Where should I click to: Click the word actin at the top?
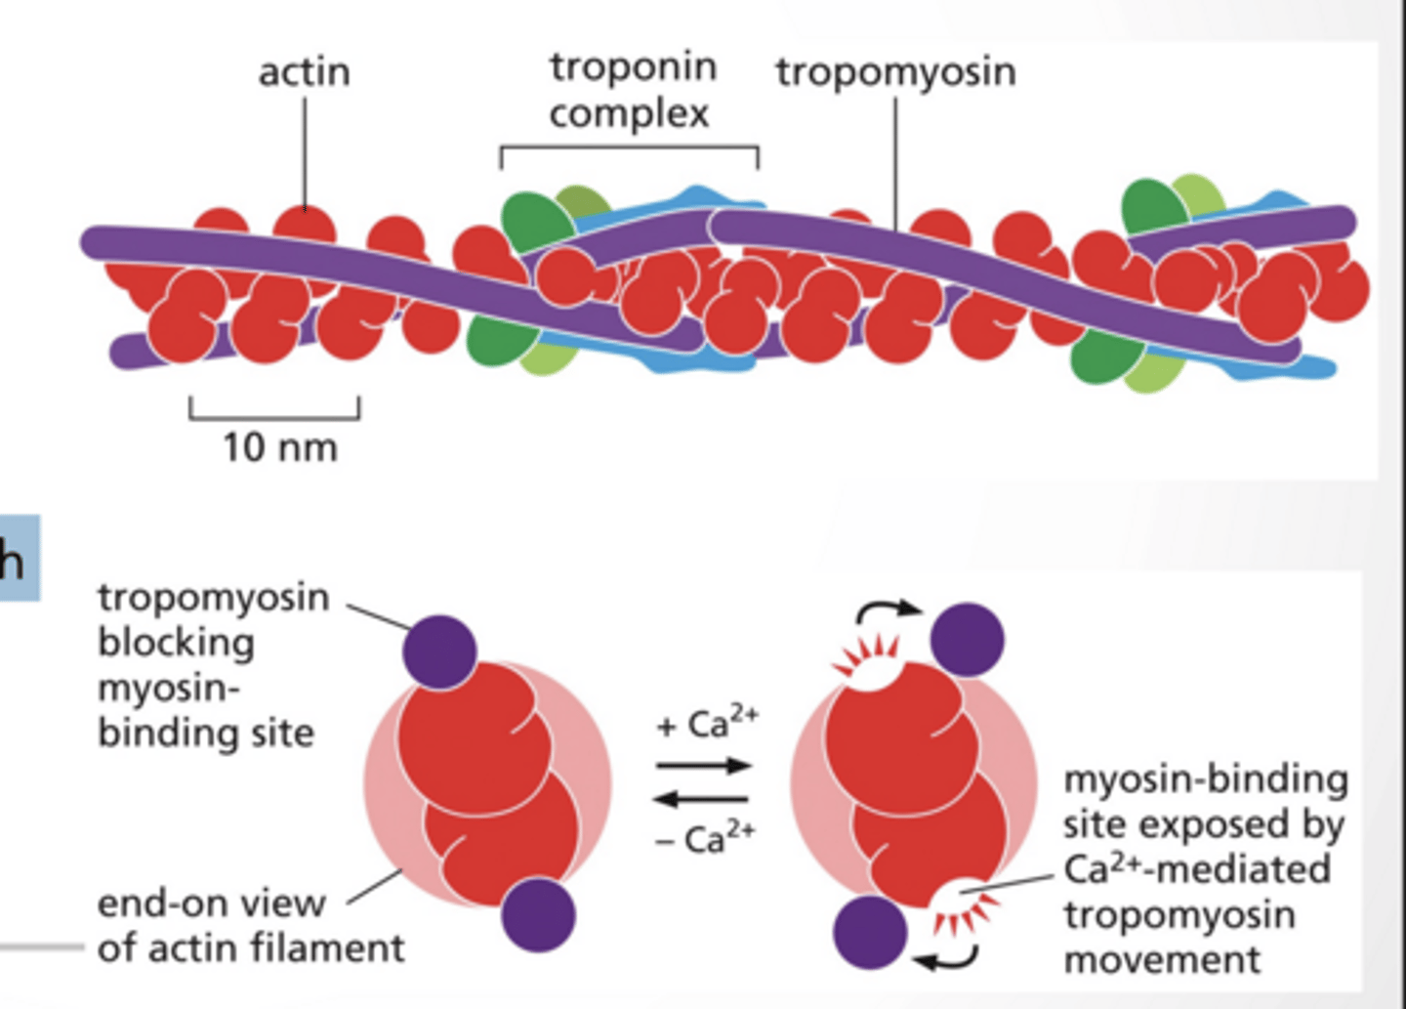coord(304,72)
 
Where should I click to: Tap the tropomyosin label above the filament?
coord(895,72)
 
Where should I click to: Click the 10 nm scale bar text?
coord(279,447)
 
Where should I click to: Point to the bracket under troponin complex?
coord(630,149)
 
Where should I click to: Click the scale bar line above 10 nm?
coord(274,416)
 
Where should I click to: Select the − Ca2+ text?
coord(705,838)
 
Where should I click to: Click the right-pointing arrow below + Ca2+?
coord(704,766)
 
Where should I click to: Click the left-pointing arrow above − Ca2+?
coord(704,799)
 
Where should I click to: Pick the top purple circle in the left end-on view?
coord(439,652)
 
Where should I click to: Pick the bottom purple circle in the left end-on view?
coord(538,914)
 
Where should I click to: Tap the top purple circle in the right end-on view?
coord(967,640)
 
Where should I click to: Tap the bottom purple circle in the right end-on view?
coord(870,932)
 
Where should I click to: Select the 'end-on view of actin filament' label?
coord(250,925)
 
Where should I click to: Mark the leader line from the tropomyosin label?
coord(895,161)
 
